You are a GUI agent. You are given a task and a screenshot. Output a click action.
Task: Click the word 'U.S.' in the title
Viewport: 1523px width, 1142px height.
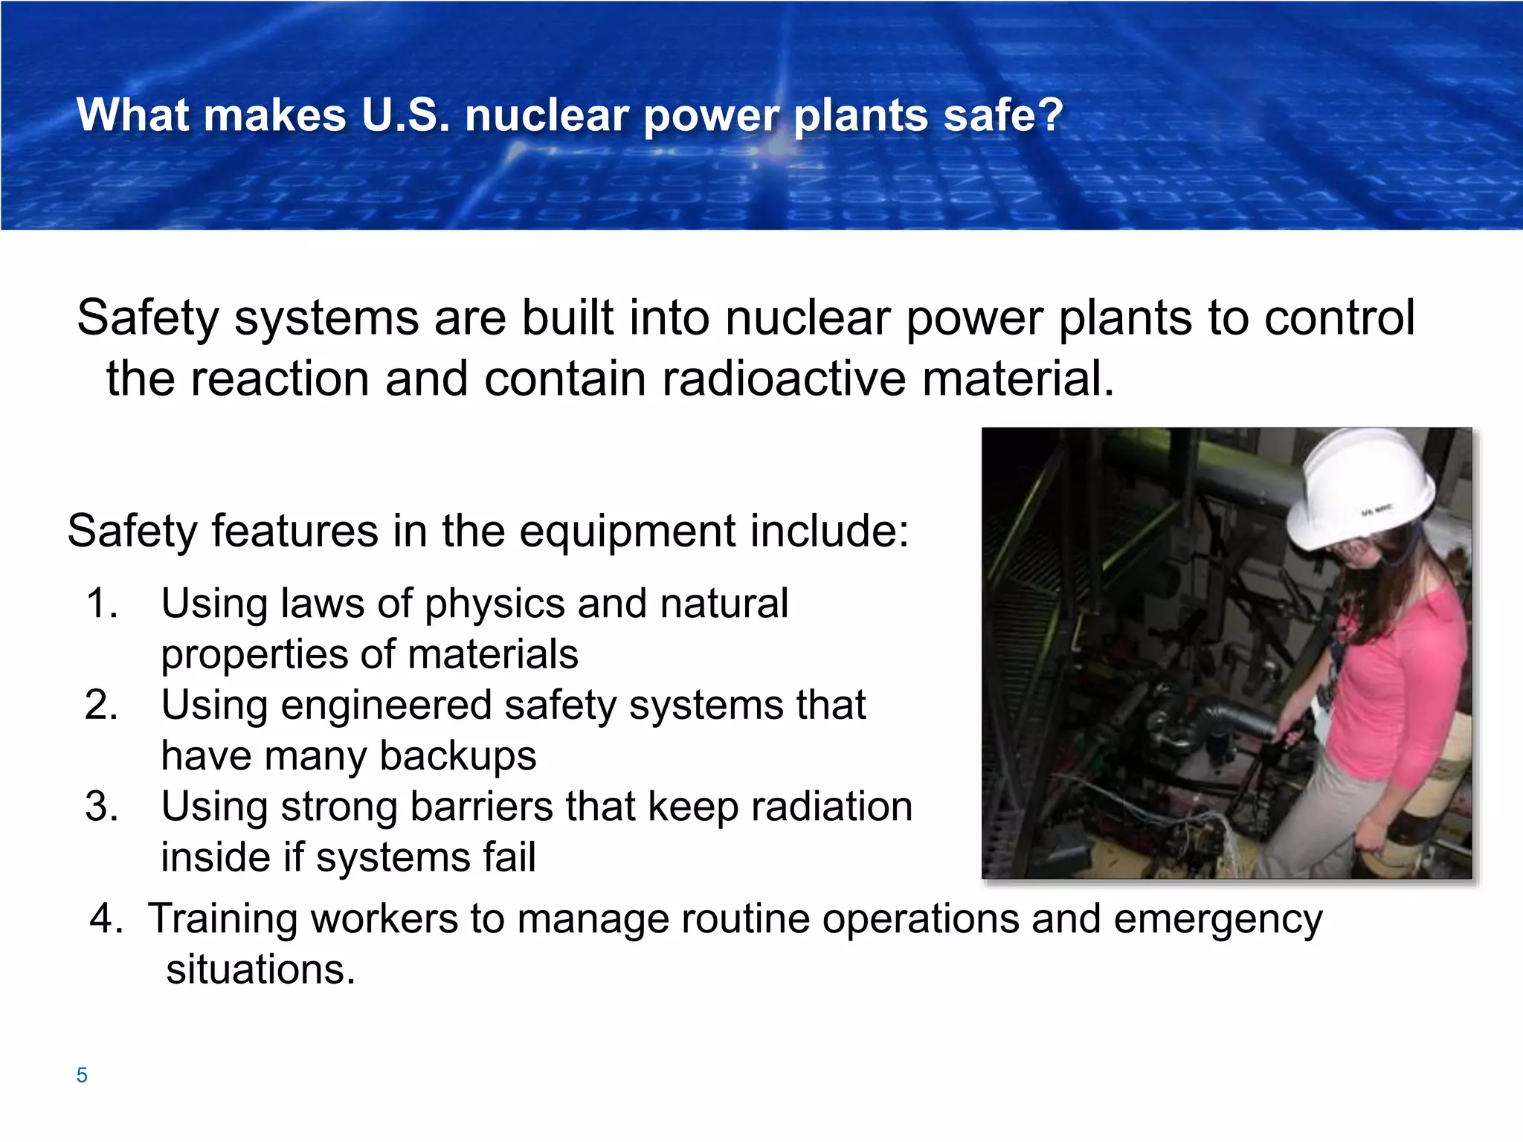405,116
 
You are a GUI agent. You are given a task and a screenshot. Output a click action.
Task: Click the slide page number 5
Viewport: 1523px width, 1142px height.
82,1075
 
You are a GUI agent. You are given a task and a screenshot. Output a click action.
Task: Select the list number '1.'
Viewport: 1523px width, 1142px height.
102,603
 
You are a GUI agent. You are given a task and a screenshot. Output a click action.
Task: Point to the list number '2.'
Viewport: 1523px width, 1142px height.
102,705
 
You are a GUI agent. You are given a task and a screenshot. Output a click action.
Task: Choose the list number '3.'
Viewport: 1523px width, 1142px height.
102,807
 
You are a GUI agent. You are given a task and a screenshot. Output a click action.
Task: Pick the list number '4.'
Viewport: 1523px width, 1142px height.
106,918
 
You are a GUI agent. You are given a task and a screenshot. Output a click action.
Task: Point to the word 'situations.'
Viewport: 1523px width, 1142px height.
261,970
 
